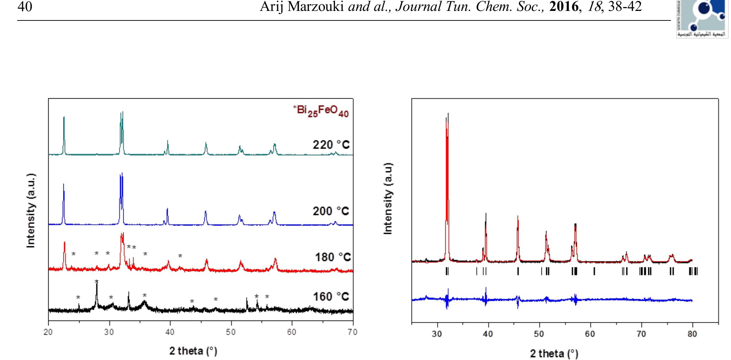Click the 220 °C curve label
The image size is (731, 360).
pyautogui.click(x=331, y=145)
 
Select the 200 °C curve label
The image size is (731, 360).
pyautogui.click(x=331, y=211)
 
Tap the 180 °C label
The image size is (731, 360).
pyautogui.click(x=333, y=257)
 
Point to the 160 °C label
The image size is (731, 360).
pyautogui.click(x=331, y=297)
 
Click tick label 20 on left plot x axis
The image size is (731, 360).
pyautogui.click(x=48, y=332)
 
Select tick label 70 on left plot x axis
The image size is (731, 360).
pyautogui.click(x=353, y=332)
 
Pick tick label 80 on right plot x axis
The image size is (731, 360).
pyautogui.click(x=692, y=334)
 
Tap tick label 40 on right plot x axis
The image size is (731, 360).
pyautogui.click(x=488, y=334)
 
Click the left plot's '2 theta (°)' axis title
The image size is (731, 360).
pyautogui.click(x=193, y=351)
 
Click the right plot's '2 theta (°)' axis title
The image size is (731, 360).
pyautogui.click(x=554, y=353)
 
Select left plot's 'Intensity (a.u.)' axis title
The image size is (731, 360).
pyautogui.click(x=31, y=210)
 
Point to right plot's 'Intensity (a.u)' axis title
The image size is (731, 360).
pyautogui.click(x=388, y=198)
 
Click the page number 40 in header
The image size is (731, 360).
pyautogui.click(x=24, y=7)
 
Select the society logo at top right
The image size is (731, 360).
pyautogui.click(x=702, y=18)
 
